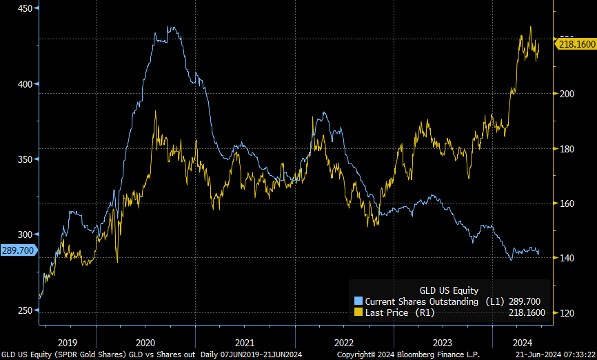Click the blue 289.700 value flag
(x=17, y=250)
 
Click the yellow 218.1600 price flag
(x=576, y=43)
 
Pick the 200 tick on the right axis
(x=567, y=94)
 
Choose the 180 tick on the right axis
(x=567, y=148)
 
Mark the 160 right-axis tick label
(x=567, y=203)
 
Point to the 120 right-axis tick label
(x=567, y=313)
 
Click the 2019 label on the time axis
(x=68, y=342)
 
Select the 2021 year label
(x=245, y=342)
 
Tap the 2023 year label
(x=443, y=342)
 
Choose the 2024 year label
(x=522, y=342)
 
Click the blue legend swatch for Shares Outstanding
(x=358, y=301)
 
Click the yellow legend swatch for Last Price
(x=358, y=312)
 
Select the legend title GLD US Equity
(x=449, y=290)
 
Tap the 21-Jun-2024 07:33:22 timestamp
(x=557, y=354)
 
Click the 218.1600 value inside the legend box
(x=527, y=312)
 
